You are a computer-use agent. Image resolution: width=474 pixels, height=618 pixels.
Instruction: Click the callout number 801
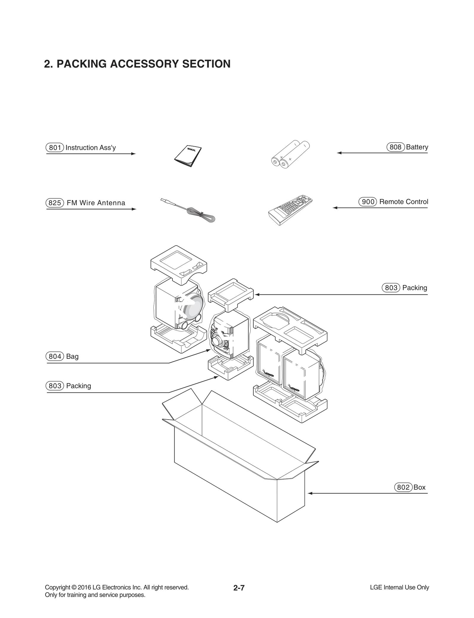(x=55, y=148)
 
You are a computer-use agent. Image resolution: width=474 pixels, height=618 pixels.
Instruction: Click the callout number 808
(x=395, y=147)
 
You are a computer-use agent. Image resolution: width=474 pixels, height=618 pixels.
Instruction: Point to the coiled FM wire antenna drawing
(x=190, y=211)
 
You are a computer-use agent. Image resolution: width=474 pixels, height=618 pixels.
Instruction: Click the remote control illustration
(x=290, y=211)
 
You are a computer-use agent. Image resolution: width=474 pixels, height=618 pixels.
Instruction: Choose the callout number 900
(x=368, y=202)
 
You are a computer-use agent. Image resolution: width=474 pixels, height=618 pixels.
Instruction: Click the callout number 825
(x=55, y=203)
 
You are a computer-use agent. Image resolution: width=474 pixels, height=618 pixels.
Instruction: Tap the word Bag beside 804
(x=72, y=356)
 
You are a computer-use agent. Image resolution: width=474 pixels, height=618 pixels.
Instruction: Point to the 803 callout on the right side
(x=391, y=288)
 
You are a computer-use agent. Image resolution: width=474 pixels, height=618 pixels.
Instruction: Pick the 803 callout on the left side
(x=55, y=386)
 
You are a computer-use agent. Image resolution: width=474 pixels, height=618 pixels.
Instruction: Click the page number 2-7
(x=239, y=588)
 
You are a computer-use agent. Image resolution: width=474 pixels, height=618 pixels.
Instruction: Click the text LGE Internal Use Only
(x=399, y=587)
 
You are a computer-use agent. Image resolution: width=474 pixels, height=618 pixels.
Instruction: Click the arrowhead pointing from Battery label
(x=339, y=153)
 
